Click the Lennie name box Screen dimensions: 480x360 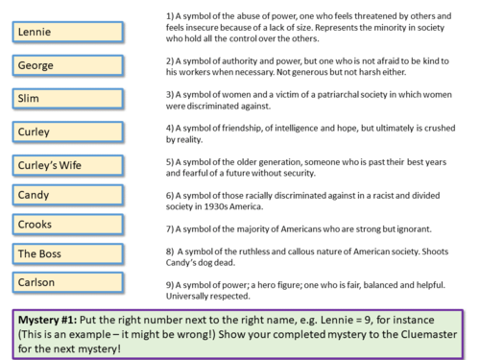[x=67, y=32]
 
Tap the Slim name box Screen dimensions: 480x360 [x=67, y=98]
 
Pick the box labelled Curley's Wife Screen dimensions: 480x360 [x=67, y=163]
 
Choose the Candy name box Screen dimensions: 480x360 [x=67, y=195]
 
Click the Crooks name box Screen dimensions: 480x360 [x=67, y=225]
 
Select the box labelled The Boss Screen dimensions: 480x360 [x=67, y=253]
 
